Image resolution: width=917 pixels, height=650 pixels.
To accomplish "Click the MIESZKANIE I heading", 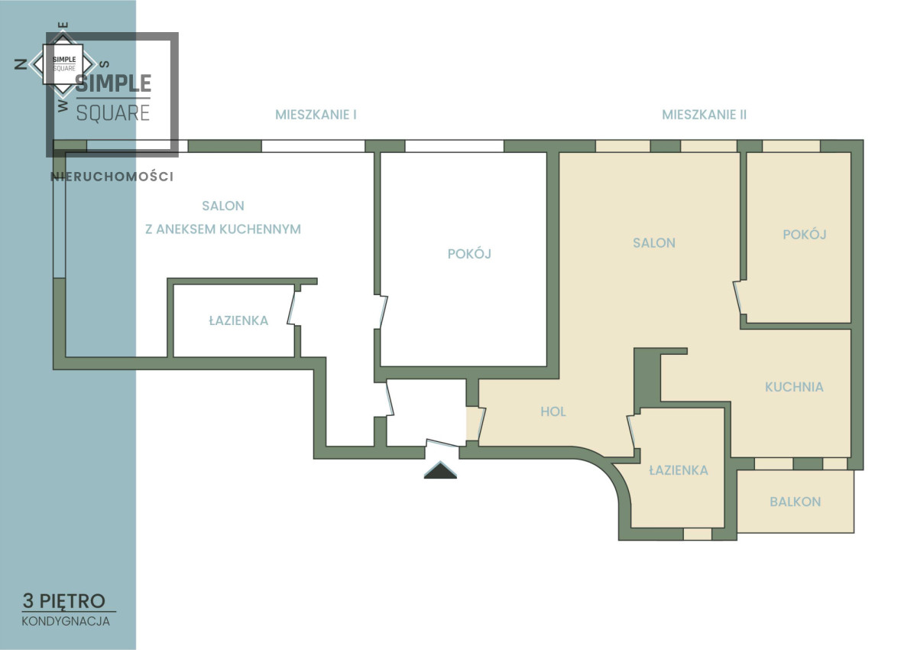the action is [x=316, y=115].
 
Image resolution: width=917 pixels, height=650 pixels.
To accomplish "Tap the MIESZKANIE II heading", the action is [x=704, y=115].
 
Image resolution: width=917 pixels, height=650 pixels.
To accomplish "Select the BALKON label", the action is [x=795, y=502].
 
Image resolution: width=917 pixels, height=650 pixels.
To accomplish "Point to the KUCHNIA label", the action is [x=794, y=387].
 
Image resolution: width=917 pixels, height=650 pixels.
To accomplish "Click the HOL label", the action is [x=553, y=411].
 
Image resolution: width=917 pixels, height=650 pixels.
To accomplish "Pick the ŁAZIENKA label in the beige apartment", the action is [x=679, y=470].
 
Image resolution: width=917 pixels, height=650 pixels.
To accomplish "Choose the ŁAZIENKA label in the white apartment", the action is [x=238, y=320].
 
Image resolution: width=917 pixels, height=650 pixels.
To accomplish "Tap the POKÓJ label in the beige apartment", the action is [x=805, y=234].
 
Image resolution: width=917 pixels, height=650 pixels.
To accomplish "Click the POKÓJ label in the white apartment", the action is [x=469, y=254].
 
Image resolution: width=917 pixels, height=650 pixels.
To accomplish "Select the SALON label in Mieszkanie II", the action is [x=654, y=243].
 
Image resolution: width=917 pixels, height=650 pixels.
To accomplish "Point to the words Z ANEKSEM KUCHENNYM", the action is [x=223, y=229].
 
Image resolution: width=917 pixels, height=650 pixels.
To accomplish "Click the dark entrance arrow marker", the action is [x=440, y=470].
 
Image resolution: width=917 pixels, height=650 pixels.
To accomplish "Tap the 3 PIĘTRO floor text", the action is [x=64, y=601].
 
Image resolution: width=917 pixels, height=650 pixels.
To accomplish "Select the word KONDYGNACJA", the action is [x=66, y=622].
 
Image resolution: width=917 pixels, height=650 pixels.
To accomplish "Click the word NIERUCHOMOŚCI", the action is [x=112, y=177].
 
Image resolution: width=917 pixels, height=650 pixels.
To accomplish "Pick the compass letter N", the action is [x=21, y=64].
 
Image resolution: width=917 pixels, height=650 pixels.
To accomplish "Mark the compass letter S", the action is [x=105, y=64].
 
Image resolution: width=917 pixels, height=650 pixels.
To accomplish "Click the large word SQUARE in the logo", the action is [x=113, y=113].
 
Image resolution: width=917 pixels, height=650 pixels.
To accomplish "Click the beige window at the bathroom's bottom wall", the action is [x=698, y=534].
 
